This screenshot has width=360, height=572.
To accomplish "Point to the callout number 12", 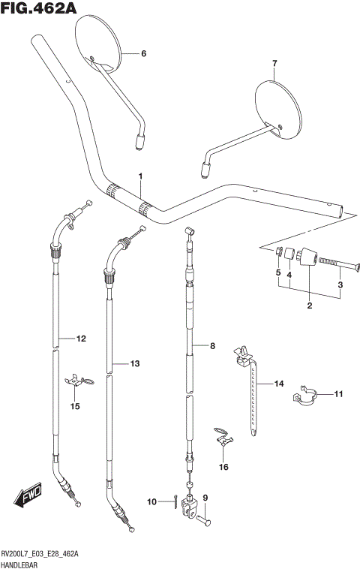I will click(x=81, y=339).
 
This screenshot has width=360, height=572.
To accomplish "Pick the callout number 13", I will click(x=135, y=364).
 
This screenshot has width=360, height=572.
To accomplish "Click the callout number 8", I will click(x=212, y=346).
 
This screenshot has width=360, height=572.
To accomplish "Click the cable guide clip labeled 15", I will click(x=77, y=382).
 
